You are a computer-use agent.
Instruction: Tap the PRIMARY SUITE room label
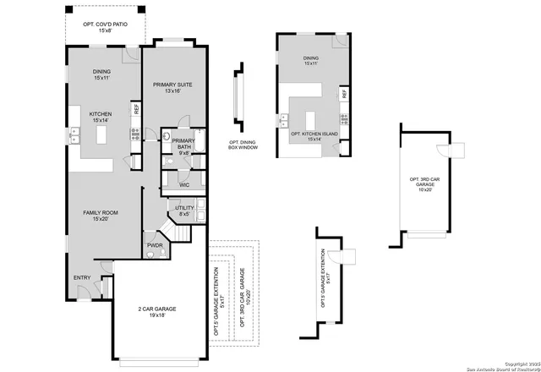coord(173,85)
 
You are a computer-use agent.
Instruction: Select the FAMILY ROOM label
coord(100,212)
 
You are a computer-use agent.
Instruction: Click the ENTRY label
coord(82,277)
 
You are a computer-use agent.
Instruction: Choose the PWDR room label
coord(155,245)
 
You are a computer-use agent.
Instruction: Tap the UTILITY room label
coord(184,207)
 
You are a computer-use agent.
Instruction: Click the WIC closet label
coord(183,183)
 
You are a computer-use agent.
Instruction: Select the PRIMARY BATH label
coord(184,145)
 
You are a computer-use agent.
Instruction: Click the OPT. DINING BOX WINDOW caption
coord(243,145)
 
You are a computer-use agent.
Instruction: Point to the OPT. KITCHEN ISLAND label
coord(314,134)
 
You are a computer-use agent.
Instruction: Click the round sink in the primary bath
coord(167,135)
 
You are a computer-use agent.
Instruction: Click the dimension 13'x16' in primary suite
coord(173,92)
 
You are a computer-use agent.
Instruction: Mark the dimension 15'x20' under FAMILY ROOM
coord(100,219)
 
